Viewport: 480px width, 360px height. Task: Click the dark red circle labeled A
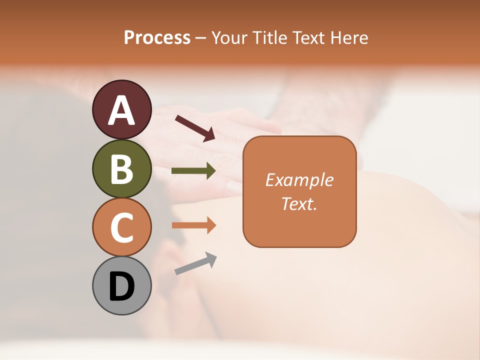pyautogui.click(x=121, y=109)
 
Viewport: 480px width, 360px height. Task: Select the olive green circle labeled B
pyautogui.click(x=121, y=168)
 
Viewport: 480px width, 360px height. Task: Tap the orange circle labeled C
pyautogui.click(x=121, y=227)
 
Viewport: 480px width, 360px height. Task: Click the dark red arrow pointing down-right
pyautogui.click(x=195, y=128)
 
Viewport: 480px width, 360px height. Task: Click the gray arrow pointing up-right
pyautogui.click(x=195, y=263)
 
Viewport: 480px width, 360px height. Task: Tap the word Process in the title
pyautogui.click(x=157, y=38)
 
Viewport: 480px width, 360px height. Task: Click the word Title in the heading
pyautogui.click(x=269, y=38)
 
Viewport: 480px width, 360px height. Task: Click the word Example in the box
pyautogui.click(x=299, y=180)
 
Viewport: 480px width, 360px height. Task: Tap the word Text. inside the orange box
pyautogui.click(x=299, y=203)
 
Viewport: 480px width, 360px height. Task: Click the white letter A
pyautogui.click(x=121, y=110)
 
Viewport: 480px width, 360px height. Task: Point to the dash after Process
pyautogui.click(x=201, y=38)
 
